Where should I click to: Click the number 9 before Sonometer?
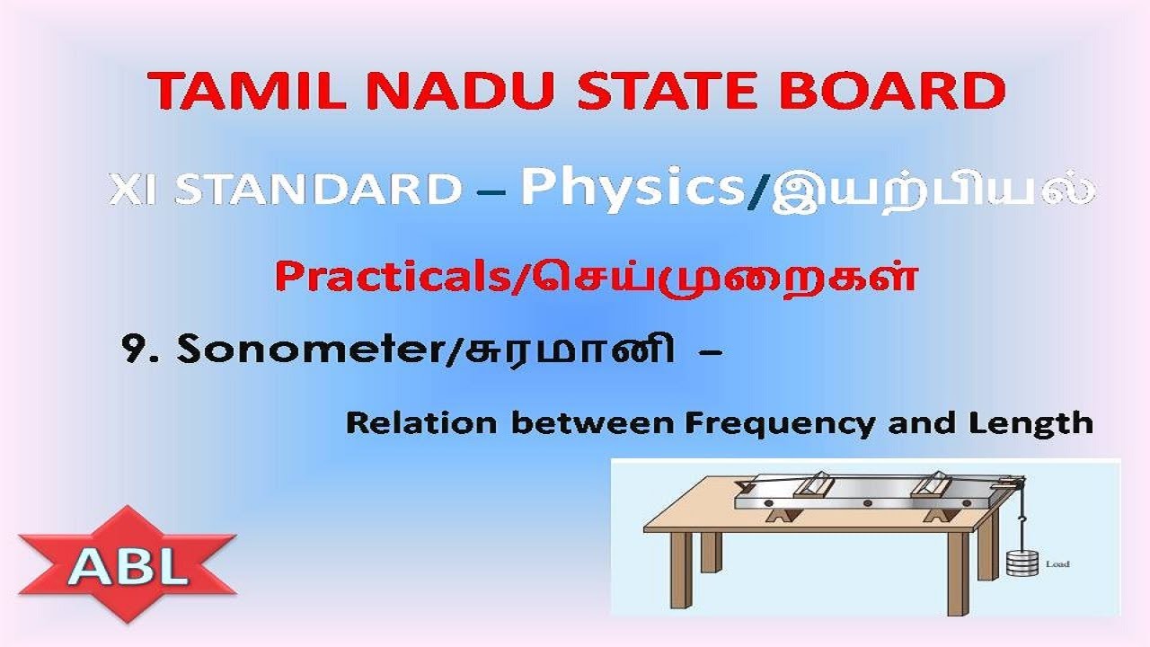[x=135, y=350]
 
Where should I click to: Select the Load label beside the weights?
[x=1057, y=564]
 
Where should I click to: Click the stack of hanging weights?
[x=1021, y=563]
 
